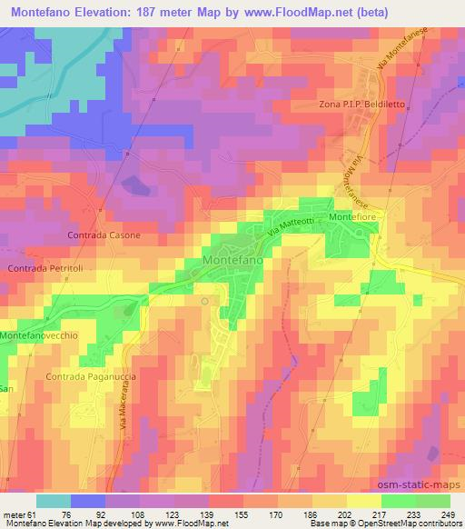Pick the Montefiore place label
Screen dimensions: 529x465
coord(352,219)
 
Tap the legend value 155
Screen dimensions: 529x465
coord(242,514)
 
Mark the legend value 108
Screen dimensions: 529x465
coord(138,514)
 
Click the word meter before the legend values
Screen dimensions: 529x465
coord(15,514)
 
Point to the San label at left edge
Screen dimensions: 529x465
coord(5,389)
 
